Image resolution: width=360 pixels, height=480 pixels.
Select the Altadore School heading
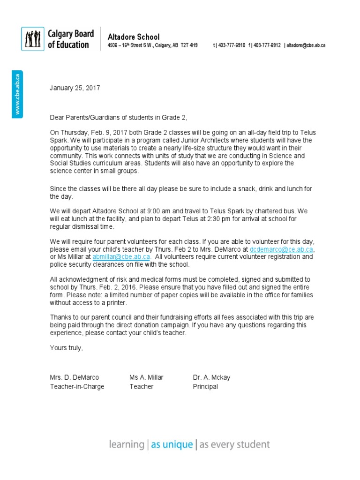click(134, 37)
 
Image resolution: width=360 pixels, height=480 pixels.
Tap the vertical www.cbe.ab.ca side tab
click(17, 94)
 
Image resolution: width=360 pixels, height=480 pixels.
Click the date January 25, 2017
click(75, 88)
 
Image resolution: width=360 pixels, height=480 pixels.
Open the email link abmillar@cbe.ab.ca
click(121, 257)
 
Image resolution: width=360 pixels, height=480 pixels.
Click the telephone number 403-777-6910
click(230, 45)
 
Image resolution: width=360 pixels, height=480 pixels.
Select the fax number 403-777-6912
click(267, 45)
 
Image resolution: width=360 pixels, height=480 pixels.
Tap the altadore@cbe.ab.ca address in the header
click(306, 45)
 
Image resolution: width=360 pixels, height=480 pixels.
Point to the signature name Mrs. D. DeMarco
click(75, 377)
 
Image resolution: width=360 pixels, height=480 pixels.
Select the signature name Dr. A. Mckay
click(211, 377)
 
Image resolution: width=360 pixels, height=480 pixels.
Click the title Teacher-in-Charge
click(77, 387)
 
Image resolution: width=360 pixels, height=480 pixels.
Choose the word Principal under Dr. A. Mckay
click(205, 387)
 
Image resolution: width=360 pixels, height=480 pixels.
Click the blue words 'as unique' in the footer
click(172, 444)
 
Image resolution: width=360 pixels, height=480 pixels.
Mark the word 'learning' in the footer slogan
click(126, 444)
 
